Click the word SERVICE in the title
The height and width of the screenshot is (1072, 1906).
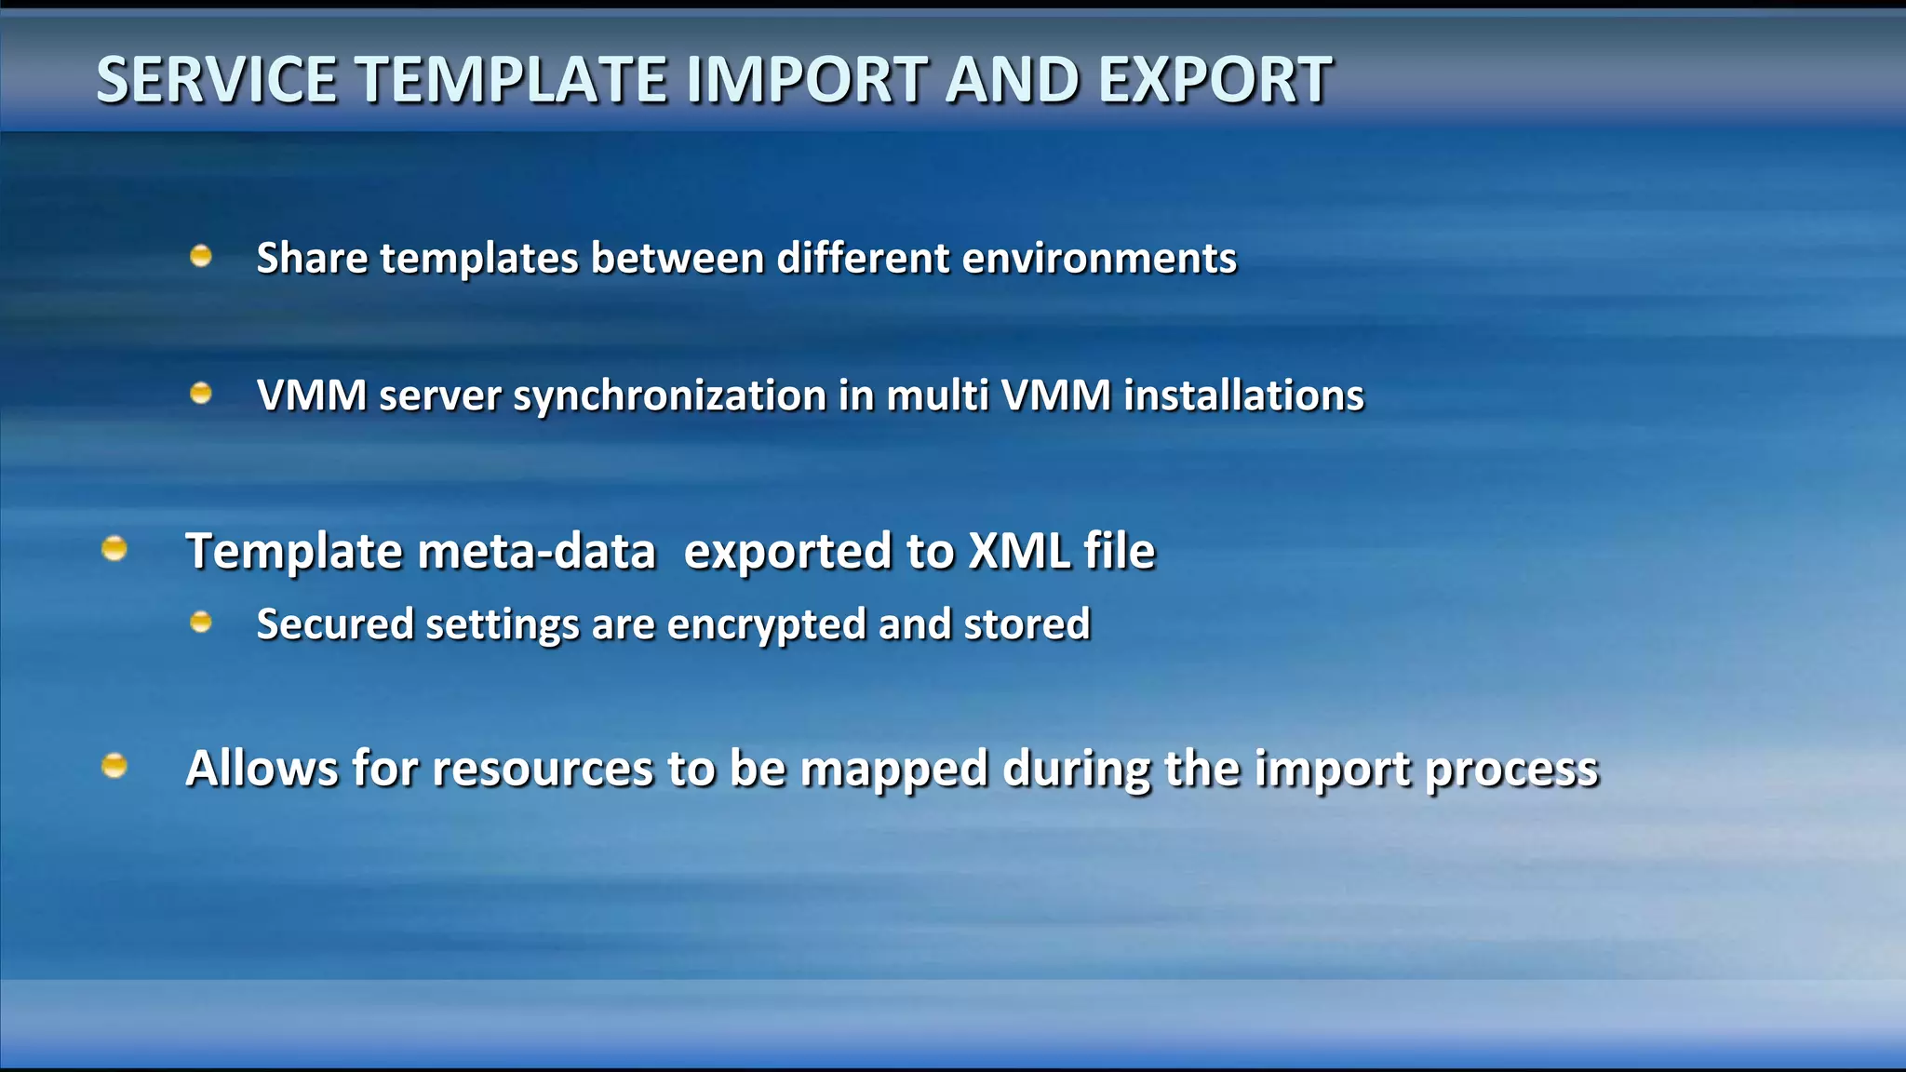[x=216, y=80]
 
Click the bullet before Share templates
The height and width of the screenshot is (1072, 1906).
[x=201, y=256]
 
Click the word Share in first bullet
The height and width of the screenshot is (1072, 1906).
[x=312, y=258]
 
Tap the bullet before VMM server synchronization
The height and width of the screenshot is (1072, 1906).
[x=201, y=394]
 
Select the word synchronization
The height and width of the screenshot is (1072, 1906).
[x=669, y=396]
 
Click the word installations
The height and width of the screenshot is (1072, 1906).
[x=1243, y=395]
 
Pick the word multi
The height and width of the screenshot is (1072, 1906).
[x=936, y=395]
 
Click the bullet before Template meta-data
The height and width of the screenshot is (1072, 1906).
[x=114, y=548]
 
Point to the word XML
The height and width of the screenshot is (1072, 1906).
[x=1018, y=551]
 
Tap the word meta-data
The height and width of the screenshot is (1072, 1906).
[x=537, y=551]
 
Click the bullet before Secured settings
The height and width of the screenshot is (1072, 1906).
[x=201, y=622]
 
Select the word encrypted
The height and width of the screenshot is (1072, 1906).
[x=766, y=624]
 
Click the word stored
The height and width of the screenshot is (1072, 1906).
[x=1027, y=623]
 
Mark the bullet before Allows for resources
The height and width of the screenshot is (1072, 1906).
[x=114, y=765]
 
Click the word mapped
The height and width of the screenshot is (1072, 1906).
[x=893, y=770]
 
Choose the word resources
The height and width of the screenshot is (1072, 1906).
[x=543, y=770]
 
